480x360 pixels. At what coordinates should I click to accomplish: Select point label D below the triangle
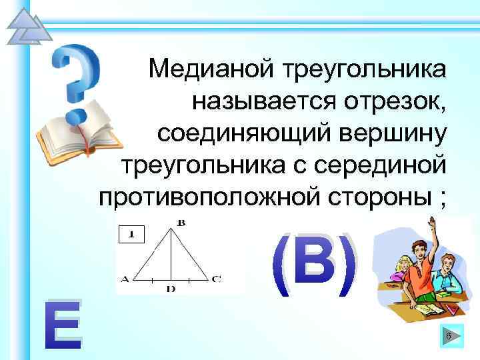click(171, 289)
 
